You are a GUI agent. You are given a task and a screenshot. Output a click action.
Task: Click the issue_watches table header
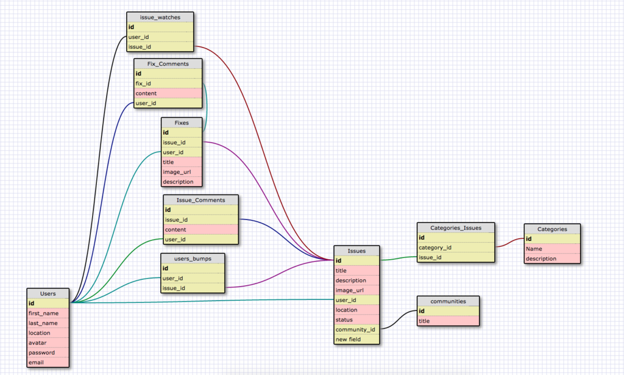(x=160, y=17)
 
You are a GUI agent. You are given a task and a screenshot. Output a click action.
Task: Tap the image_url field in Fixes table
(x=181, y=172)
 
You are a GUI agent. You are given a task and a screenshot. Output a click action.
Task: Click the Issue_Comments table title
(x=200, y=200)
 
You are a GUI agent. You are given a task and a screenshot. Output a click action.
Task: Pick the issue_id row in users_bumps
(x=193, y=288)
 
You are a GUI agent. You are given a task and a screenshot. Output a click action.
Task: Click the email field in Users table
(x=48, y=362)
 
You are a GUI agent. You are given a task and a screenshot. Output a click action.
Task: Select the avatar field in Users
(x=48, y=343)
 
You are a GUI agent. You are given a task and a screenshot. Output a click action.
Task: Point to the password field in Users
(x=48, y=352)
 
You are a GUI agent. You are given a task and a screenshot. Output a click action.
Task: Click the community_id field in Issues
(x=356, y=329)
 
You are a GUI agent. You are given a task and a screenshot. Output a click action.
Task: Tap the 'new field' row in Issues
(x=356, y=339)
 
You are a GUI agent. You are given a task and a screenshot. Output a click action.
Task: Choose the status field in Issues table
(x=356, y=320)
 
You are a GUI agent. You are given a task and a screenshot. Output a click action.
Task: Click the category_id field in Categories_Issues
(x=455, y=248)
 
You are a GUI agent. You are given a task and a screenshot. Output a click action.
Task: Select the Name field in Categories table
(x=552, y=249)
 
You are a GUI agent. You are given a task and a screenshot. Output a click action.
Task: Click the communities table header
(x=448, y=301)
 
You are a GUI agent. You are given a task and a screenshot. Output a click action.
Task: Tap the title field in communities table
(x=448, y=321)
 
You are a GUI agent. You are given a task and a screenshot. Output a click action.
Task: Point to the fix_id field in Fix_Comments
(x=168, y=84)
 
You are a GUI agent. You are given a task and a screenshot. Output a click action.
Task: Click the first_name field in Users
(x=48, y=313)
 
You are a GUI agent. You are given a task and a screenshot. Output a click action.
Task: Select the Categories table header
(x=552, y=229)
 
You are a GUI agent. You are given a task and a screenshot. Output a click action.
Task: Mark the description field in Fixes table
(x=181, y=182)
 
